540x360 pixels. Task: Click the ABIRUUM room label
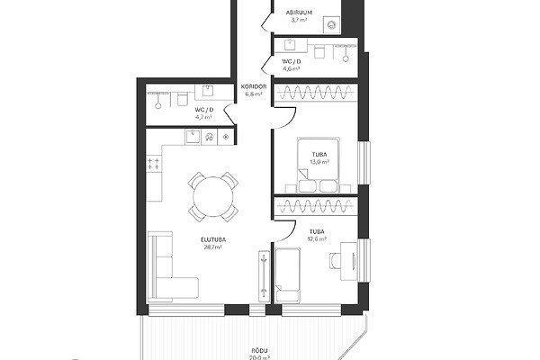[299, 13]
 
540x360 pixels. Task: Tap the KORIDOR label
[254, 86]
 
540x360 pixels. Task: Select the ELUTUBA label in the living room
[213, 239]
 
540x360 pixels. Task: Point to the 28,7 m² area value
[212, 247]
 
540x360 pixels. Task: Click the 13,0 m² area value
[319, 162]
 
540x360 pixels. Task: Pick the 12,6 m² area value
[317, 238]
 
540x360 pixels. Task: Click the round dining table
[213, 197]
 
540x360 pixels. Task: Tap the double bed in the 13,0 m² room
[318, 166]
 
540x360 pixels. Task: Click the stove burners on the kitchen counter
[154, 164]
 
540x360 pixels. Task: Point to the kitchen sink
[193, 137]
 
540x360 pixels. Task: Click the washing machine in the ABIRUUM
[331, 25]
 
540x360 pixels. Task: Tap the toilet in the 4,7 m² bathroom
[182, 99]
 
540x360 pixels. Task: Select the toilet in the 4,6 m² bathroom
[319, 51]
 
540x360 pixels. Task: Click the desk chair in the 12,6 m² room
[335, 260]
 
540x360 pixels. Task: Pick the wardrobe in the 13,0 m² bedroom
[315, 93]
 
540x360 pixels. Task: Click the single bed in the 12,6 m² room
[288, 274]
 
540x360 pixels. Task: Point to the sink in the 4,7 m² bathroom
[207, 91]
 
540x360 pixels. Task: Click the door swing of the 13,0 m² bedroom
[285, 118]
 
